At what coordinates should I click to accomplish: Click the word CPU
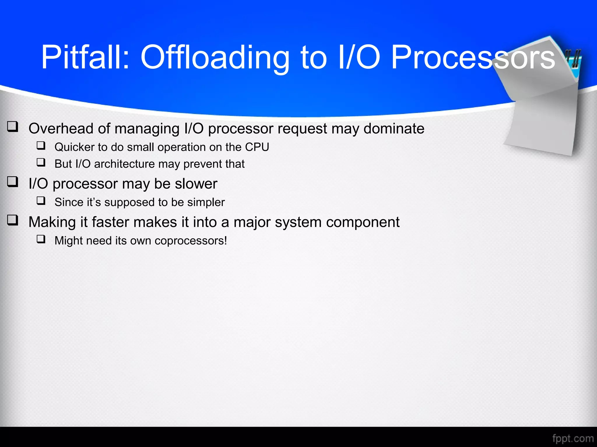257,147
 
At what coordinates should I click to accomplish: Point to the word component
362,222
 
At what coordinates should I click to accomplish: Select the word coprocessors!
191,241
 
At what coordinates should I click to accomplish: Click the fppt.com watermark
573,438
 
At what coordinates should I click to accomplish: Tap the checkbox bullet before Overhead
13,127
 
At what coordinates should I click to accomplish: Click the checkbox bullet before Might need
41,239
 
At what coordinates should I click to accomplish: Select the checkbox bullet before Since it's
41,201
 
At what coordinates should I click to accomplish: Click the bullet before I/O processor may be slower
13,182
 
